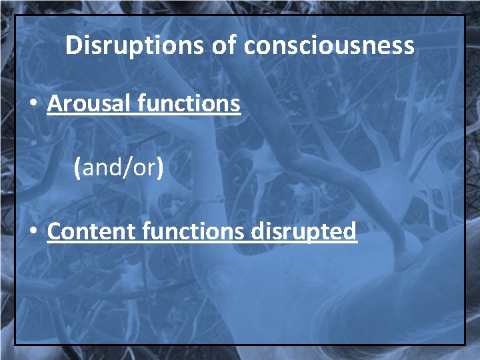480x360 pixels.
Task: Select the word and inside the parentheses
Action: coord(100,167)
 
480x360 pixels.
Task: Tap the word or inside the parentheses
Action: coord(143,167)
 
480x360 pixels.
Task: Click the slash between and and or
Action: coord(124,167)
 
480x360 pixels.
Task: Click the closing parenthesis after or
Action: coord(159,167)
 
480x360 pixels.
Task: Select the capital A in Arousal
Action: coord(53,103)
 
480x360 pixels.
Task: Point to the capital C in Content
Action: coord(54,231)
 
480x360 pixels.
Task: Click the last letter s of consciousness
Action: coord(409,47)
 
